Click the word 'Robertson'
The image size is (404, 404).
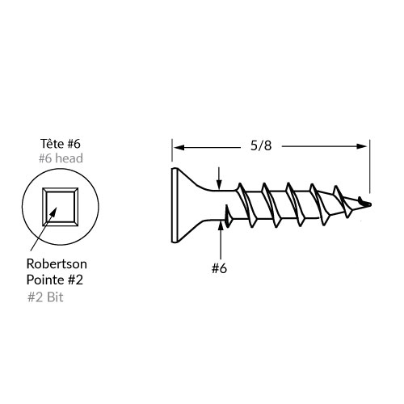pos(57,264)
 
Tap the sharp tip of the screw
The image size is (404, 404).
pos(371,204)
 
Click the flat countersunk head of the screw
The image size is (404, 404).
pos(175,205)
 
